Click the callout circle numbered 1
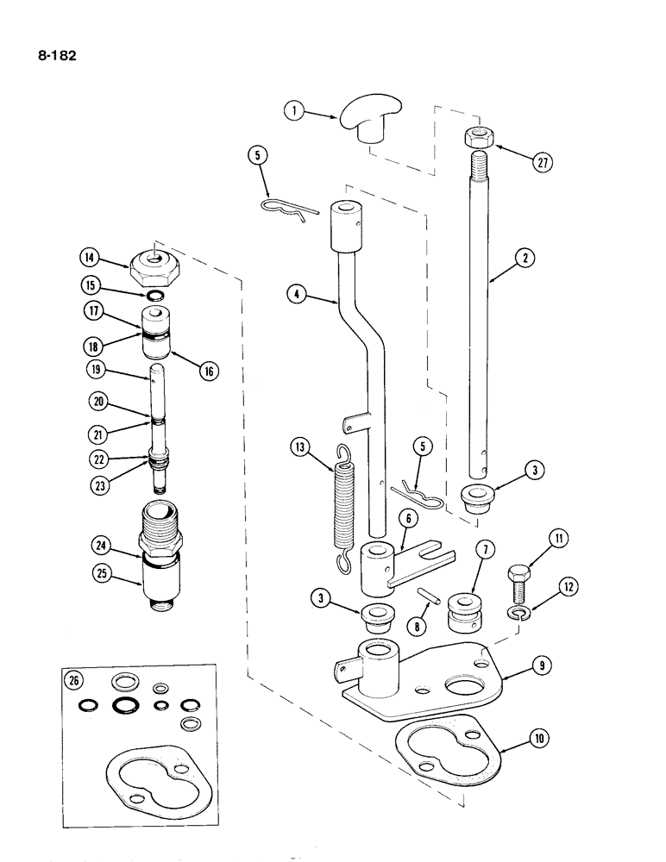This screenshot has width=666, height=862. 295,111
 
